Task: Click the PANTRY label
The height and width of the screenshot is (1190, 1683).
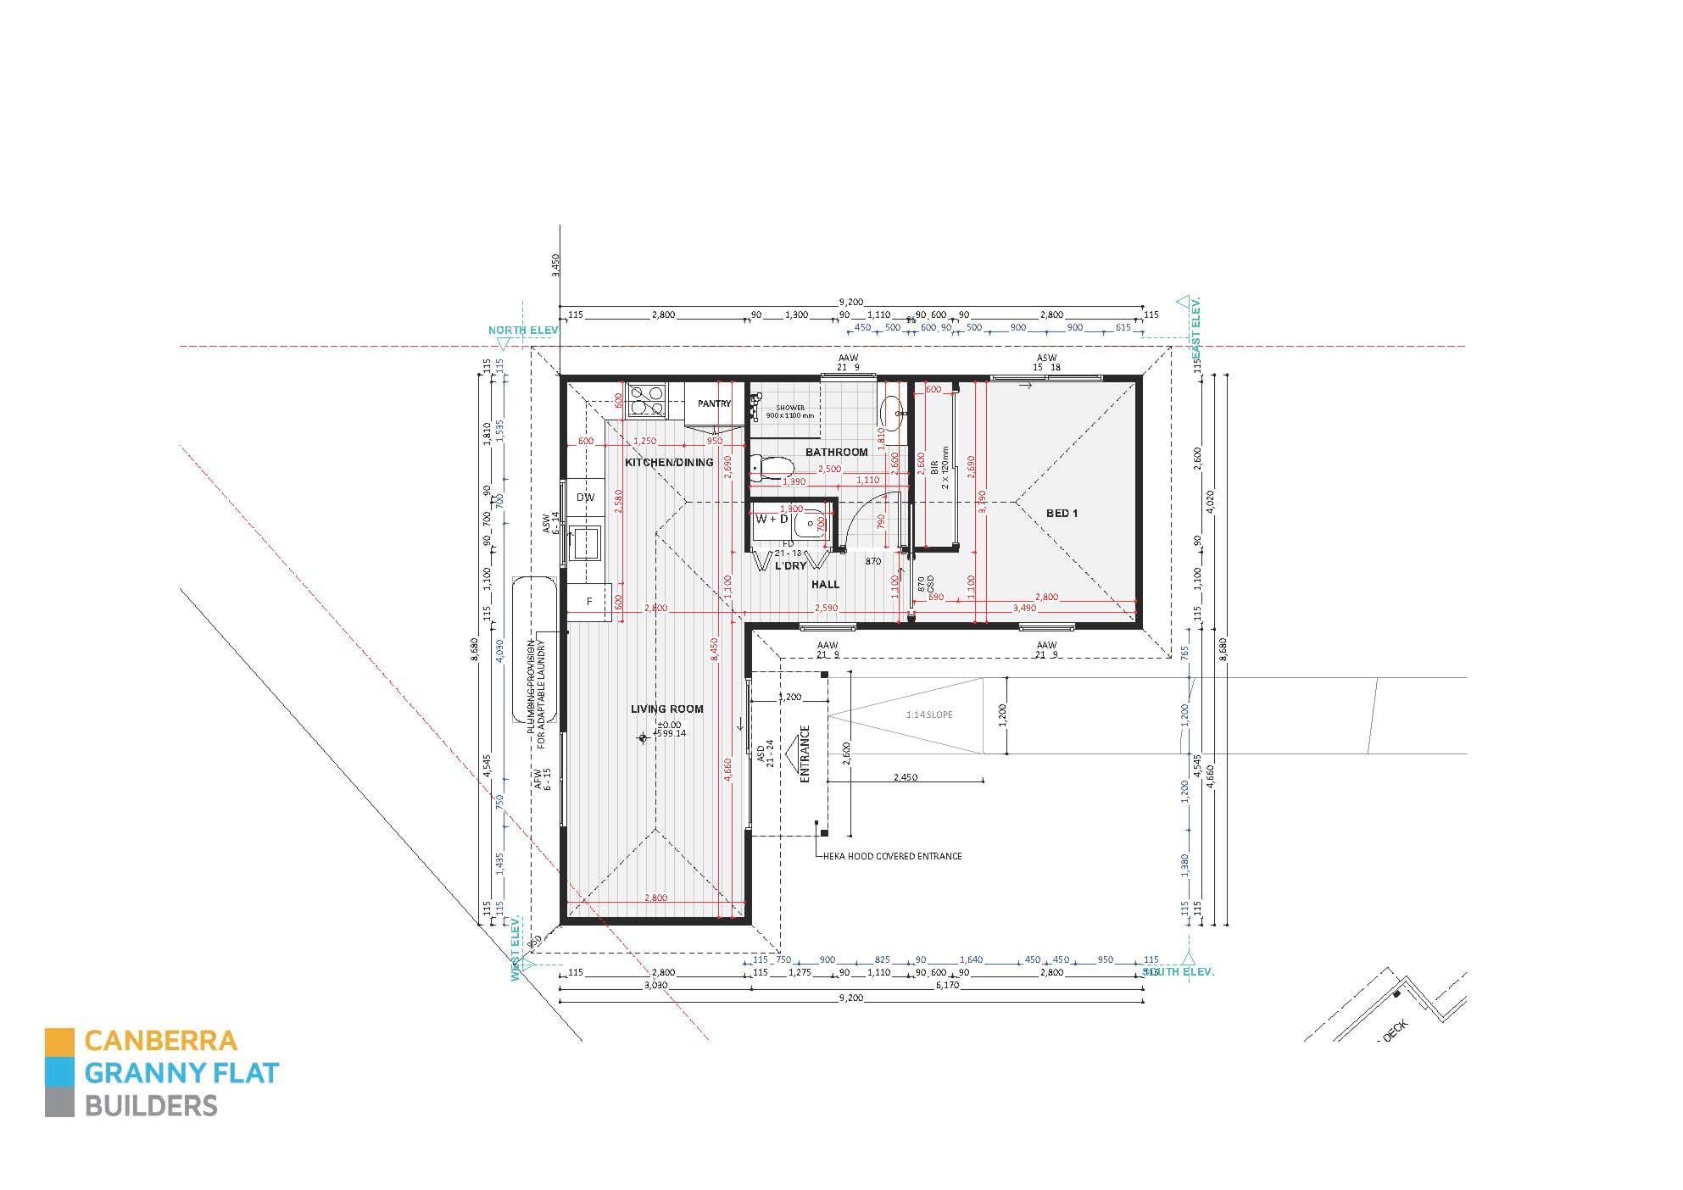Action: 714,403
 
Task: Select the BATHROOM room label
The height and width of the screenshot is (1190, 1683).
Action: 836,452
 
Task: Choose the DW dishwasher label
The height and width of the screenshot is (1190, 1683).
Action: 585,498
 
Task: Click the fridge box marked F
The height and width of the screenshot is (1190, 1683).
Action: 589,602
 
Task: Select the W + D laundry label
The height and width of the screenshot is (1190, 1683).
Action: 772,519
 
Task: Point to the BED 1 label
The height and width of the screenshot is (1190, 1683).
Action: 1062,513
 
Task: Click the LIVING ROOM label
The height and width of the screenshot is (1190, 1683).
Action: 666,709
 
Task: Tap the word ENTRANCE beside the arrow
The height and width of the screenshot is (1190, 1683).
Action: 805,753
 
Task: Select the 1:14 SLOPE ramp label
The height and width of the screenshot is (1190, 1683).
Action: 928,715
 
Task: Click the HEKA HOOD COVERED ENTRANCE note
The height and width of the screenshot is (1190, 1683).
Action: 893,856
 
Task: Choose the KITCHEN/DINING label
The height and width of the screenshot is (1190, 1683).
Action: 669,462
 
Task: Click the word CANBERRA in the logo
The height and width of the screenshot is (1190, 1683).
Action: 161,1040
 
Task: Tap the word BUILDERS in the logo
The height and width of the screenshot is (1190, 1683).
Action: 151,1106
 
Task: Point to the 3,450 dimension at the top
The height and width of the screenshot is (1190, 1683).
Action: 555,264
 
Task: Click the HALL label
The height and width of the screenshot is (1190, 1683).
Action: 825,584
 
